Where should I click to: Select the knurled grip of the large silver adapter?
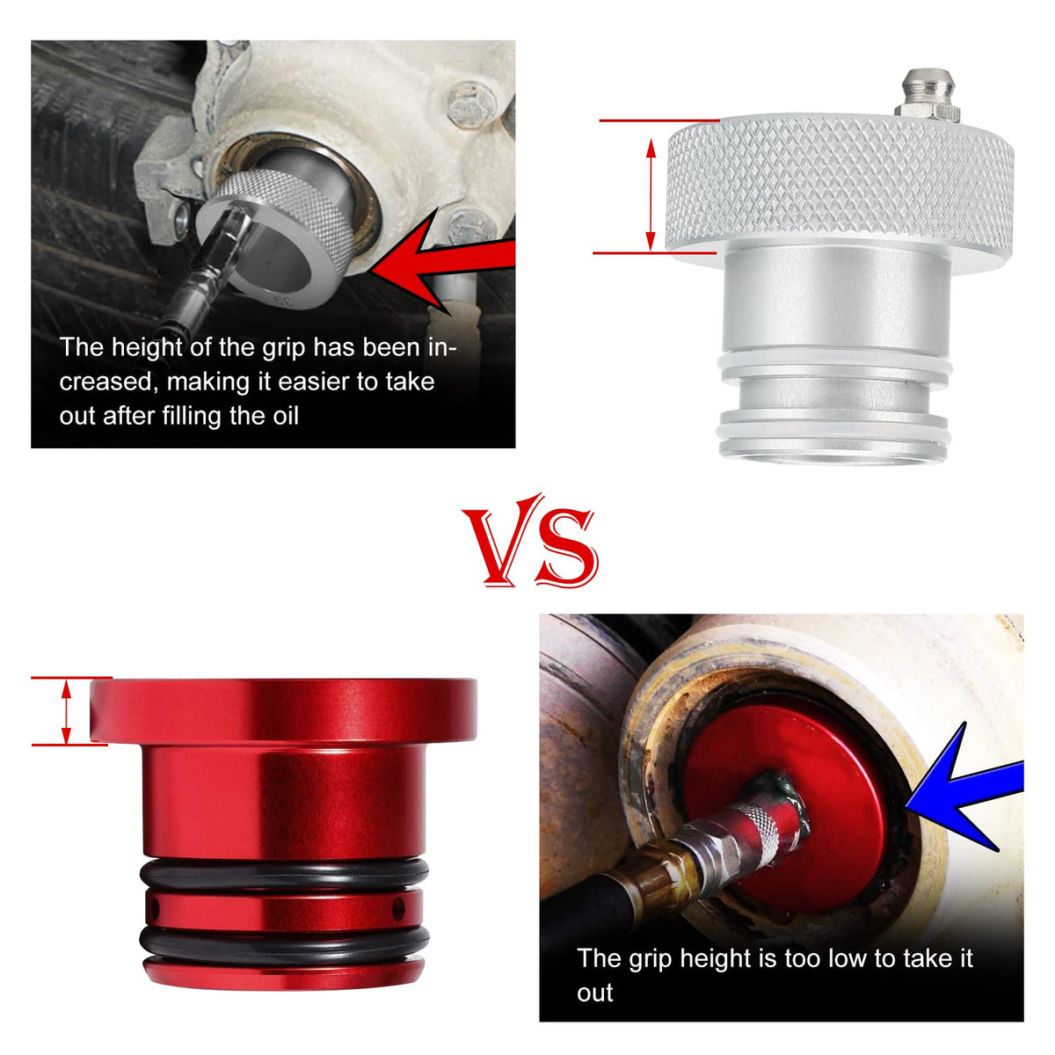pyautogui.click(x=840, y=184)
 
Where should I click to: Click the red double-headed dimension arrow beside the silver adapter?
pyautogui.click(x=651, y=194)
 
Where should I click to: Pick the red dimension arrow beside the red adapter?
pyautogui.click(x=66, y=711)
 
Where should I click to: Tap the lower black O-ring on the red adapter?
pyautogui.click(x=284, y=940)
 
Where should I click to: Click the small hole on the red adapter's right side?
pyautogui.click(x=398, y=909)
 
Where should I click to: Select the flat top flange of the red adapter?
pyautogui.click(x=283, y=710)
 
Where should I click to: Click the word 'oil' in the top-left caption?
pyautogui.click(x=285, y=416)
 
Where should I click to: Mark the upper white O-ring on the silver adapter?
pyautogui.click(x=836, y=366)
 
